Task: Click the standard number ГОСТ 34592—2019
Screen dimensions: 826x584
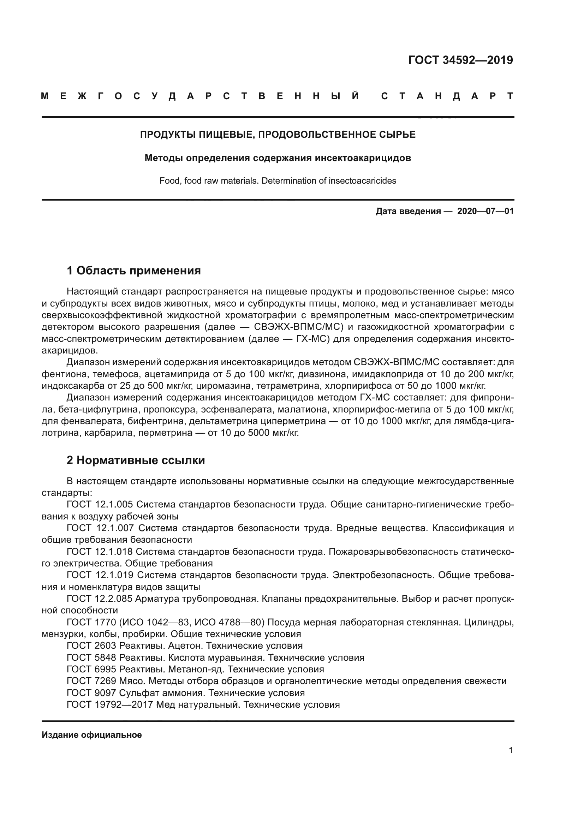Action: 461,60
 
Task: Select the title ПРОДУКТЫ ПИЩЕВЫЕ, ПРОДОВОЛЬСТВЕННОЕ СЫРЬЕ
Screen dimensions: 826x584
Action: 278,135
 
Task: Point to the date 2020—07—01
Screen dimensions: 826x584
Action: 485,211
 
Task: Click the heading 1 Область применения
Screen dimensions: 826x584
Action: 134,271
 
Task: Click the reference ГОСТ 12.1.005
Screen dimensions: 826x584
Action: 100,504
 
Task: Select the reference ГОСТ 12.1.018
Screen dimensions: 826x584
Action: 100,552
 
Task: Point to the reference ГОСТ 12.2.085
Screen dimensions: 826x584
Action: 100,599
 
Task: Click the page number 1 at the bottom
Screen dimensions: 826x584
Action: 511,750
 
